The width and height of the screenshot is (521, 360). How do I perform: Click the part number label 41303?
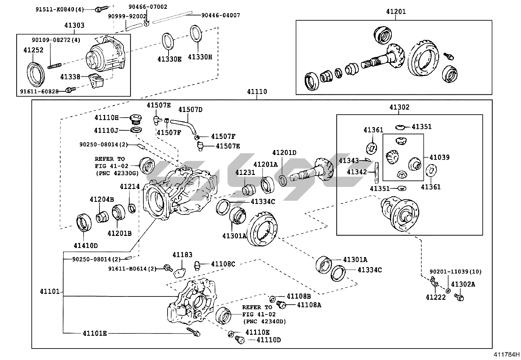point(74,25)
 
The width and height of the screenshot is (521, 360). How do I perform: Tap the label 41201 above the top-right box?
point(396,11)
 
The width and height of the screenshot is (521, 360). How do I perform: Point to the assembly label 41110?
point(257,92)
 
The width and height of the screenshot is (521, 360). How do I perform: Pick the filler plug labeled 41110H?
point(135,118)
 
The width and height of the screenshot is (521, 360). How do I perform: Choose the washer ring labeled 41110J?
point(136,130)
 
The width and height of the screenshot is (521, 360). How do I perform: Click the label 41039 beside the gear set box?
point(439,157)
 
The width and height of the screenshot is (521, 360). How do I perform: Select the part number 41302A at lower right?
point(463,284)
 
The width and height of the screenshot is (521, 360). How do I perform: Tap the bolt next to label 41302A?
point(459,297)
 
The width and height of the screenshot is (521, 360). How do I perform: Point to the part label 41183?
point(182,255)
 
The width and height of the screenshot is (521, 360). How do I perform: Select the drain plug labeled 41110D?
point(240,340)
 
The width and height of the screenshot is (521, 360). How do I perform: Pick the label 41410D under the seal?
point(86,246)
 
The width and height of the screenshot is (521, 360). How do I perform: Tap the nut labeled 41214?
point(132,208)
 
